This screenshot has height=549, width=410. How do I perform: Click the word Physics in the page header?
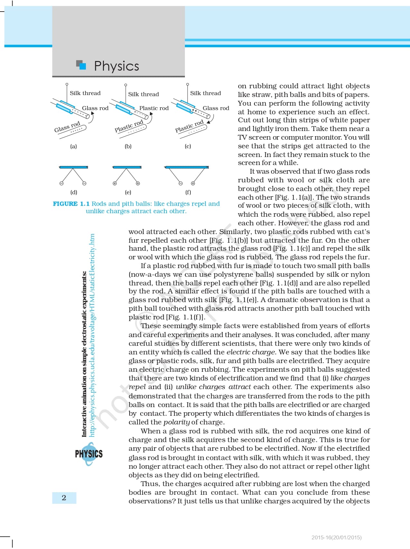pyautogui.click(x=116, y=66)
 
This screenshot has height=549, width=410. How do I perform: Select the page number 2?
pyautogui.click(x=64, y=498)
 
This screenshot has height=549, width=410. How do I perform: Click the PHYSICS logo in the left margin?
pyautogui.click(x=89, y=454)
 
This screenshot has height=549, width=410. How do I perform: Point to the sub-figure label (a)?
pyautogui.click(x=74, y=146)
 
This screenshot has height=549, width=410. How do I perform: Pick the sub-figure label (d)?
pyautogui.click(x=74, y=192)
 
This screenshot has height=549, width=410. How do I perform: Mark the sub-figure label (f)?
pyautogui.click(x=188, y=192)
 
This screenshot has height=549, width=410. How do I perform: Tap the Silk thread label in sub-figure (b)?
pyautogui.click(x=143, y=94)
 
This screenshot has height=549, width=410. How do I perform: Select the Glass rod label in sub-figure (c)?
pyautogui.click(x=216, y=108)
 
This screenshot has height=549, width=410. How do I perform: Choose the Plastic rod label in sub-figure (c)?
pyautogui.click(x=189, y=126)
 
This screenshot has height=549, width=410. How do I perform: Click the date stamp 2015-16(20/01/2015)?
pyautogui.click(x=336, y=537)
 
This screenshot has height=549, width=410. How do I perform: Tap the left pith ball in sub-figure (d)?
pyautogui.click(x=61, y=184)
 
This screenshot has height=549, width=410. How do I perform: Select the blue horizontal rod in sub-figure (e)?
pyautogui.click(x=127, y=167)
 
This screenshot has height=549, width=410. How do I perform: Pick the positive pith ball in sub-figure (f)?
pyautogui.click(x=193, y=184)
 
